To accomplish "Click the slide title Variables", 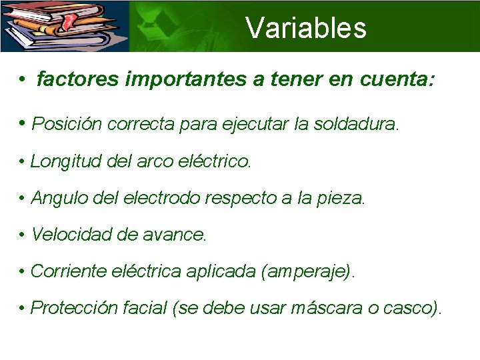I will pyautogui.click(x=306, y=28).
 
